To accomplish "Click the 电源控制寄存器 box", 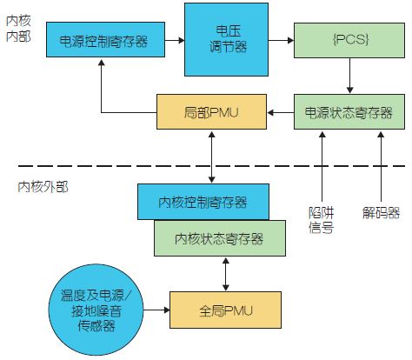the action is [106, 39].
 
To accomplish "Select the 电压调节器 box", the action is [227, 40].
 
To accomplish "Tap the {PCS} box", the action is [349, 40].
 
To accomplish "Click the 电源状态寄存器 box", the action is [349, 111].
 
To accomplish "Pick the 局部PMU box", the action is [211, 111].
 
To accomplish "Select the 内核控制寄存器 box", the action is [203, 202].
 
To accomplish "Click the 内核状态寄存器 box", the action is [220, 238].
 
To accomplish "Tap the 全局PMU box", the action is [225, 310].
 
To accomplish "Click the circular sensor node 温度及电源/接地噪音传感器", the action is [96, 310].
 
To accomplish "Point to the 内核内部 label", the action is [18, 29].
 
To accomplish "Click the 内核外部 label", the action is [43, 187].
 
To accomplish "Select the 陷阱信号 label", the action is [321, 220].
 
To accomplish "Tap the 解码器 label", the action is [381, 213].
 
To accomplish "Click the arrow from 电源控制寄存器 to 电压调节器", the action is [175, 40].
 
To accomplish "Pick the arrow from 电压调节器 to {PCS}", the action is [281, 40].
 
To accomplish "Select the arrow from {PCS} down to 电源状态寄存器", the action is [349, 76].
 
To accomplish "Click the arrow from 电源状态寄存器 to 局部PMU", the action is [281, 112].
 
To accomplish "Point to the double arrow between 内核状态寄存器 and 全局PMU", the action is [226, 274].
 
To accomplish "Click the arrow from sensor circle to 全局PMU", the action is [156, 310].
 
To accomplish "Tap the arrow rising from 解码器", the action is [381, 167].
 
